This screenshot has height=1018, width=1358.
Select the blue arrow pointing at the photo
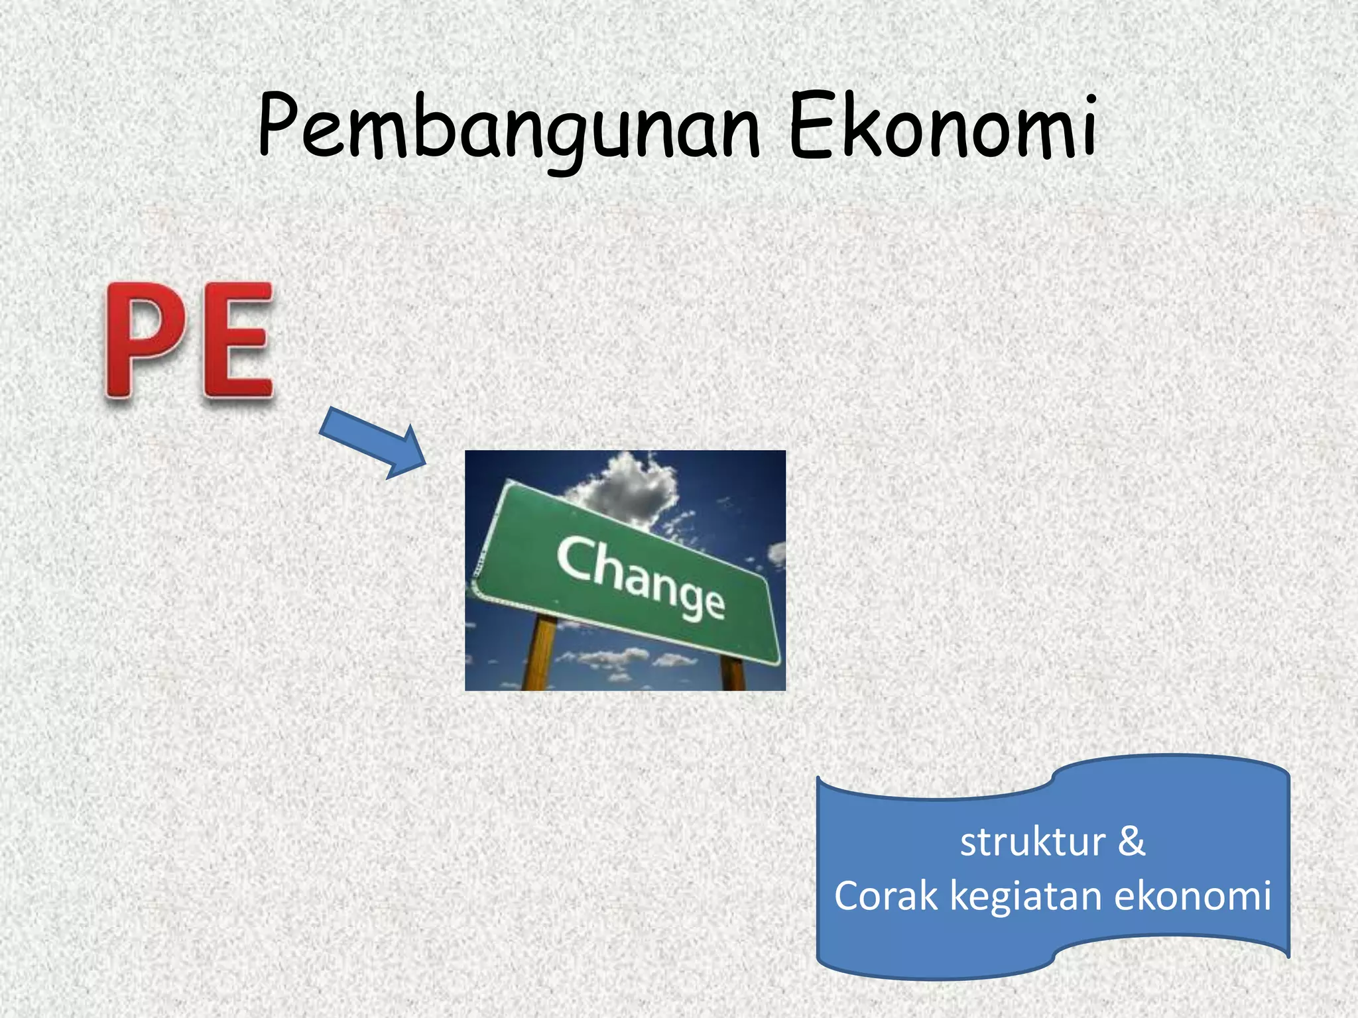tap(371, 441)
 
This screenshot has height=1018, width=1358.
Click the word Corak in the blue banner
tap(886, 896)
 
